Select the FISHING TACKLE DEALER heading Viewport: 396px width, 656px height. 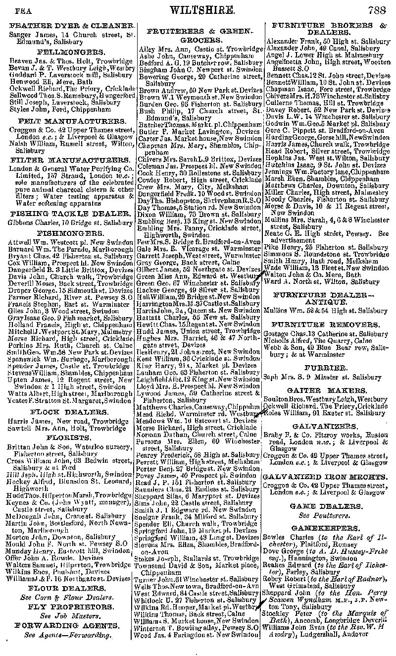click(72, 214)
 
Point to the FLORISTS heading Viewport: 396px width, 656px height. click(68, 437)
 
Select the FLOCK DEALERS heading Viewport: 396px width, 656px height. click(69, 412)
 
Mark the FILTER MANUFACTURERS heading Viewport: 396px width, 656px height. click(70, 161)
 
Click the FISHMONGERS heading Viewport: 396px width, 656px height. click(69, 231)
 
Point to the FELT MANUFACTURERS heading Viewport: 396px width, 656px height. click(71, 121)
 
